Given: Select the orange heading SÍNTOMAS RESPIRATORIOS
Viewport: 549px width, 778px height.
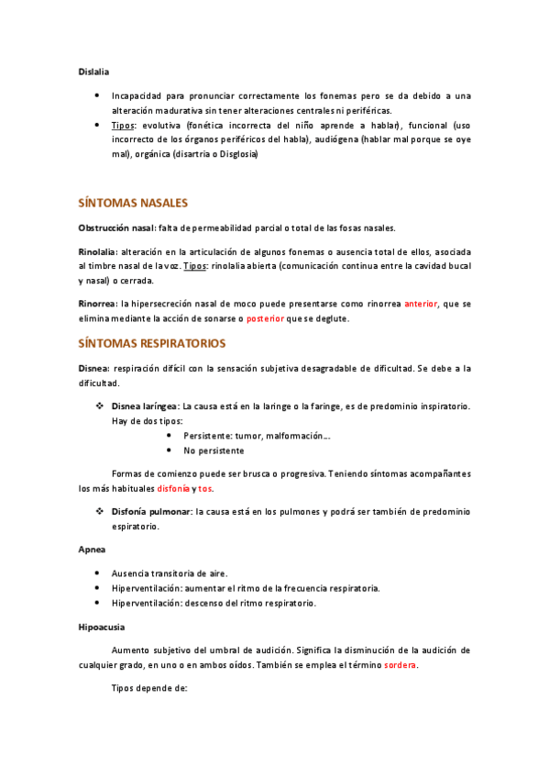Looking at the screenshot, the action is tap(151, 343).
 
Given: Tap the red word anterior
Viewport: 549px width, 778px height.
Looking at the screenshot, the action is tap(421, 303).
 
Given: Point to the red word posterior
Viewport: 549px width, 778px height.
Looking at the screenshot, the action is tap(270, 318).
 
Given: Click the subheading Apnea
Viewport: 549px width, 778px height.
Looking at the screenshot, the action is tap(92, 550).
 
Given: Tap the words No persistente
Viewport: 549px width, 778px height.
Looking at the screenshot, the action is tap(214, 450).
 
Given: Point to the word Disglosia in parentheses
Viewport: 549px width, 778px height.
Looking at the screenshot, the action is tap(236, 155).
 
